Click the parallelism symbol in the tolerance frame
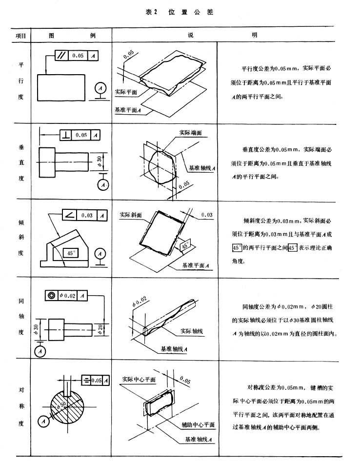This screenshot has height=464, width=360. coord(62,55)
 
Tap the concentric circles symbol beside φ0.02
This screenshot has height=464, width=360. coord(51,295)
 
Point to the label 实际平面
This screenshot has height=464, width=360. coord(126,91)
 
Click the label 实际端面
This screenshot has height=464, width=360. coord(184,132)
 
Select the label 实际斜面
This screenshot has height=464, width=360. coord(131,214)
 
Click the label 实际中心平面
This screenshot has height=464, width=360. coord(140,379)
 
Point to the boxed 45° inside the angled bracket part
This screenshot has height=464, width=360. coord(71,253)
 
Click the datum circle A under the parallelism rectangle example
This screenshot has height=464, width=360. coord(100,89)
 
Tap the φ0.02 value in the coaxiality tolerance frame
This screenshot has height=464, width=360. coord(67,295)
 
